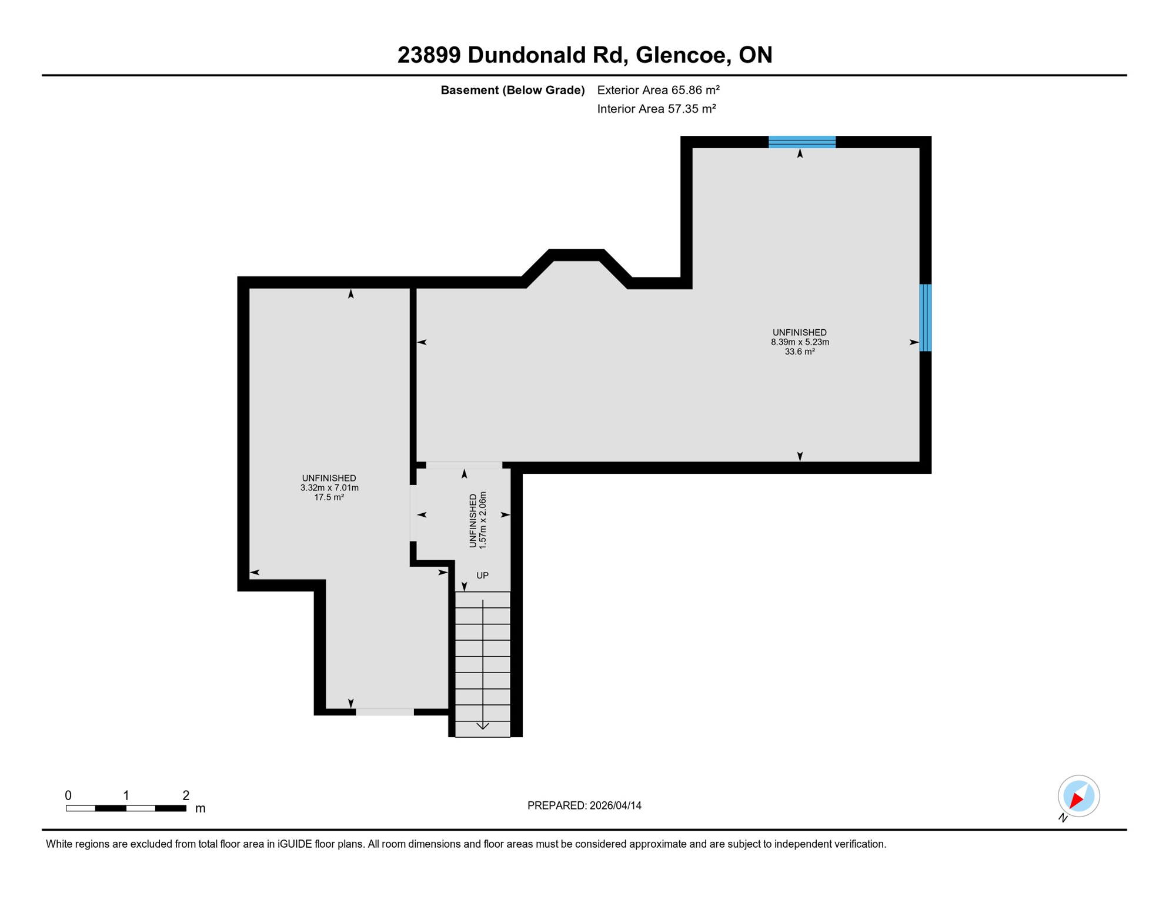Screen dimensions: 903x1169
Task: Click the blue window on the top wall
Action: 802,142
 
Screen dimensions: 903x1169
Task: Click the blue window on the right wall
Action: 925,317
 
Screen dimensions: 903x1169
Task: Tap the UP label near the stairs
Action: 482,576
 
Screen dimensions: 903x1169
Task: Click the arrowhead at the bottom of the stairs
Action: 483,727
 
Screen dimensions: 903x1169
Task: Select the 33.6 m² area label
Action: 800,352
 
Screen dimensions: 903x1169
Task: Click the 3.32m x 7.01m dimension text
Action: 329,488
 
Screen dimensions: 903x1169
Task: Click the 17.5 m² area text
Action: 329,497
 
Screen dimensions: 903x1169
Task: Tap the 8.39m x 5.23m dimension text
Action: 800,342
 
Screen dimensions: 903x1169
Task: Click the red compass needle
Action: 1076,800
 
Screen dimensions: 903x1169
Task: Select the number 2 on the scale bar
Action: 186,795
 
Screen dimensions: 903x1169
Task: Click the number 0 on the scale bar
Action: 68,795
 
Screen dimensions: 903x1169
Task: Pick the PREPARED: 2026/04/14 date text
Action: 584,805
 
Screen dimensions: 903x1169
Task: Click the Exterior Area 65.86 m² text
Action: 658,90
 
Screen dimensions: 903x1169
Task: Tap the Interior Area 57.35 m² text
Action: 656,109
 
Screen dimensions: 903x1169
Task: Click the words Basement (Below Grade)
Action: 512,90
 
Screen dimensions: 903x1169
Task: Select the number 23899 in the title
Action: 429,55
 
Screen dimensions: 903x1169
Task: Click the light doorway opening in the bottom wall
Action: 385,712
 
